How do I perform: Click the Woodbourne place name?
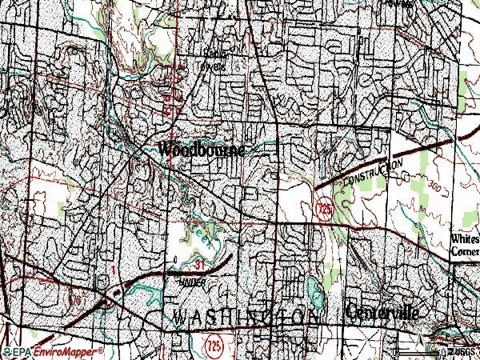(206, 149)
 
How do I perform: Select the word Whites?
(464, 239)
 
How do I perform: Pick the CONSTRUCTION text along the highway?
(372, 174)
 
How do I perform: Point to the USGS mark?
(462, 352)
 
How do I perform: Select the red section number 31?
(199, 263)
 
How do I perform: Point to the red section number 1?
(114, 272)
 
